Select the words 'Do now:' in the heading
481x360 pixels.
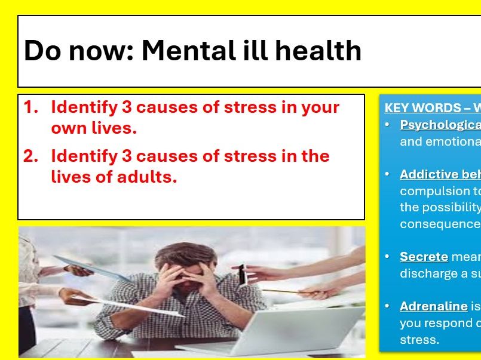tap(78, 51)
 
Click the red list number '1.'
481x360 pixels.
tap(30, 107)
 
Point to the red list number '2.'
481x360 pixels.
tap(30, 156)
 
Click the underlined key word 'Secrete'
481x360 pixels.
tap(424, 257)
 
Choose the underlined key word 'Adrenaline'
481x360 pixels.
tap(433, 306)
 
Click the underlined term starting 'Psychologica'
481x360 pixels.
tap(440, 125)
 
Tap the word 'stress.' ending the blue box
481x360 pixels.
tap(419, 340)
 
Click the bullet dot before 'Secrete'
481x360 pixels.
tap(388, 257)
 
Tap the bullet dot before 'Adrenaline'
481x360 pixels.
tap(388, 306)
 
